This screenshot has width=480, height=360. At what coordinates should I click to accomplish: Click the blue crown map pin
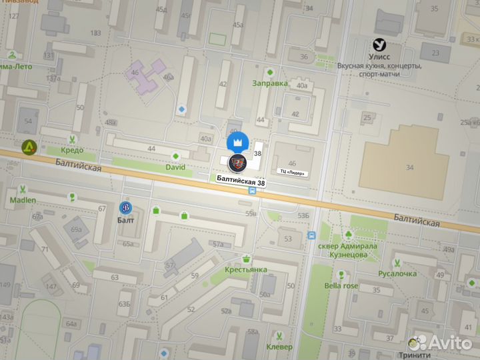pyautogui.click(x=238, y=142)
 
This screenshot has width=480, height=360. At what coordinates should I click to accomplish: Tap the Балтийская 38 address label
pyautogui.click(x=241, y=179)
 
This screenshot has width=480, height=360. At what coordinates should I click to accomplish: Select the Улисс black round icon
pyautogui.click(x=379, y=45)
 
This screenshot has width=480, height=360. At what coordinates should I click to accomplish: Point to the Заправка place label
pyautogui.click(x=270, y=83)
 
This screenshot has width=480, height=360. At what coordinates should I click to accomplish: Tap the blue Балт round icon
pyautogui.click(x=125, y=207)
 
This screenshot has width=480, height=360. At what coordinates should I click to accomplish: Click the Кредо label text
pyautogui.click(x=72, y=151)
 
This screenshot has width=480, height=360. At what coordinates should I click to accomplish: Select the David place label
pyautogui.click(x=175, y=167)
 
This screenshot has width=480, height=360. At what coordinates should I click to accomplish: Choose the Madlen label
pyautogui.click(x=23, y=200)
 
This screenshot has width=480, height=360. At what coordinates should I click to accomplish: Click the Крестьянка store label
pyautogui.click(x=246, y=269)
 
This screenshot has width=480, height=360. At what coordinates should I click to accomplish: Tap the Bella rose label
pyautogui.click(x=341, y=286)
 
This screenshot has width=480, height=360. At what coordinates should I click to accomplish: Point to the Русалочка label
pyautogui.click(x=397, y=273)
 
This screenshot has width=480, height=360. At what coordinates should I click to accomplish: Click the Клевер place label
pyautogui.click(x=279, y=347)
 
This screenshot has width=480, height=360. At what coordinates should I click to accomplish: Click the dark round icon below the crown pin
pyautogui.click(x=237, y=163)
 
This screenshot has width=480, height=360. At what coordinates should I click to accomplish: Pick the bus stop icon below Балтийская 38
pyautogui.click(x=253, y=190)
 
